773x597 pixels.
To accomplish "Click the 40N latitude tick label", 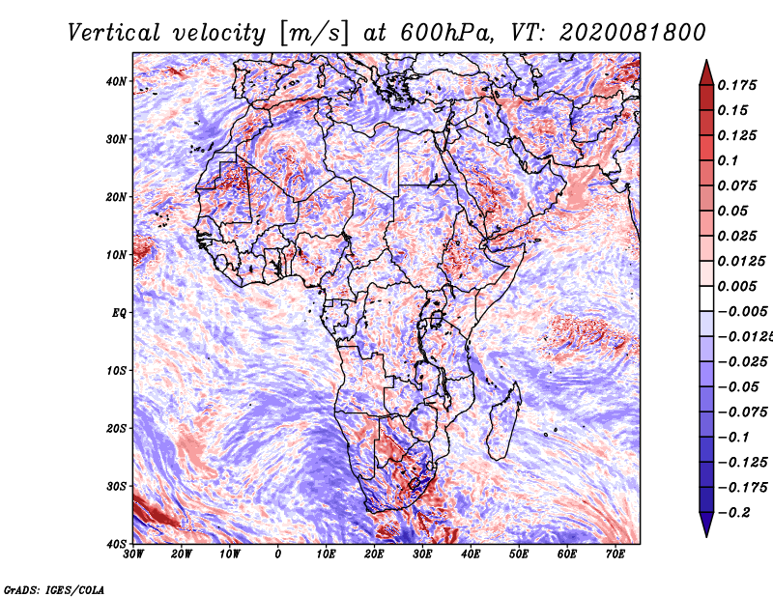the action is point(116,81).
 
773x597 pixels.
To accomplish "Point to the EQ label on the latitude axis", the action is point(119,313).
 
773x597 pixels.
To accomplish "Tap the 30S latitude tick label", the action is point(116,487).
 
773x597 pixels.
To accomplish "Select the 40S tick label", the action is point(116,544).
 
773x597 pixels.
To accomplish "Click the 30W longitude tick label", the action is point(133,554).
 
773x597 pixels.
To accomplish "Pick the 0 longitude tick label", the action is point(278,554).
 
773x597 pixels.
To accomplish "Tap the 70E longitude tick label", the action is point(616,554).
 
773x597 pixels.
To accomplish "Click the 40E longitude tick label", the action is point(471,554).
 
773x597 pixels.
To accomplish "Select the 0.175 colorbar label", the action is point(737,85).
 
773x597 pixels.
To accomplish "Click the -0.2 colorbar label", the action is point(734,513).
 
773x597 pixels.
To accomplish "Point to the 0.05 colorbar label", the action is point(733,211).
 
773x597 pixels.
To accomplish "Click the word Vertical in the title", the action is point(114,33).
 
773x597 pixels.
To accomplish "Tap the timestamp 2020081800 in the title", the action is point(633,33).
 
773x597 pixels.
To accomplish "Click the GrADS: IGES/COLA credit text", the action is point(54,589).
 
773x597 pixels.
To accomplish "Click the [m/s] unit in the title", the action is point(315,34).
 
